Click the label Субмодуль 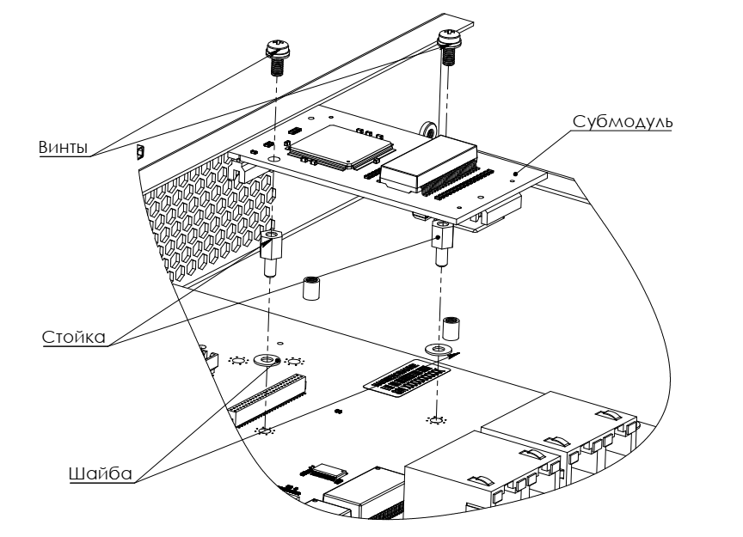point(623,121)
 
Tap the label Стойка point(73,337)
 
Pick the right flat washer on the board point(438,350)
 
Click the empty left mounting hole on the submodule point(273,159)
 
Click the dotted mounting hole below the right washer point(437,420)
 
